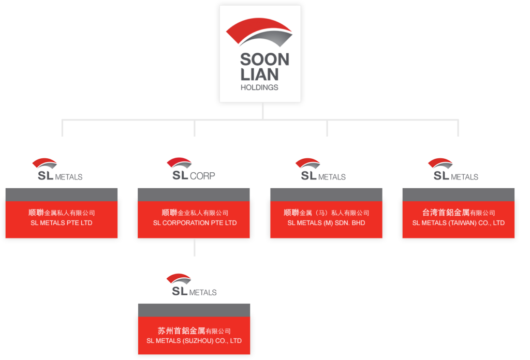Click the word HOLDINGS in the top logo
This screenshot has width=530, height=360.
[x=259, y=87]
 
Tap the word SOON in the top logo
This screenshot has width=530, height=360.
[x=264, y=61]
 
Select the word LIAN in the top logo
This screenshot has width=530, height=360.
[x=258, y=75]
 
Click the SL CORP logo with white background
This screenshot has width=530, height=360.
[x=190, y=169]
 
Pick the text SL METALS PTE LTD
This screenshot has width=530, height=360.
[x=62, y=223]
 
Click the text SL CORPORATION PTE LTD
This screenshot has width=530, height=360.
[x=195, y=223]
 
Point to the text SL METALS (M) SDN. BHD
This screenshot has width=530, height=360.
[x=327, y=223]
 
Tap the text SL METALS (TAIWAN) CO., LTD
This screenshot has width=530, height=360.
[x=459, y=223]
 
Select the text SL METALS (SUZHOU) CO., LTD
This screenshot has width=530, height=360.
[x=194, y=341]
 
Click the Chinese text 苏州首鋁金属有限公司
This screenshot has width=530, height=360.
[x=194, y=331]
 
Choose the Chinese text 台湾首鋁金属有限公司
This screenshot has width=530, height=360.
[x=459, y=213]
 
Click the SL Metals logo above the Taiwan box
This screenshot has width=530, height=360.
[x=454, y=169]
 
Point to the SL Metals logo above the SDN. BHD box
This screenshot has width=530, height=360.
[x=322, y=169]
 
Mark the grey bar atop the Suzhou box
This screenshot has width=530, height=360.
[x=194, y=309]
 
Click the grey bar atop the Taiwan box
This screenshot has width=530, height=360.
[x=459, y=194]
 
